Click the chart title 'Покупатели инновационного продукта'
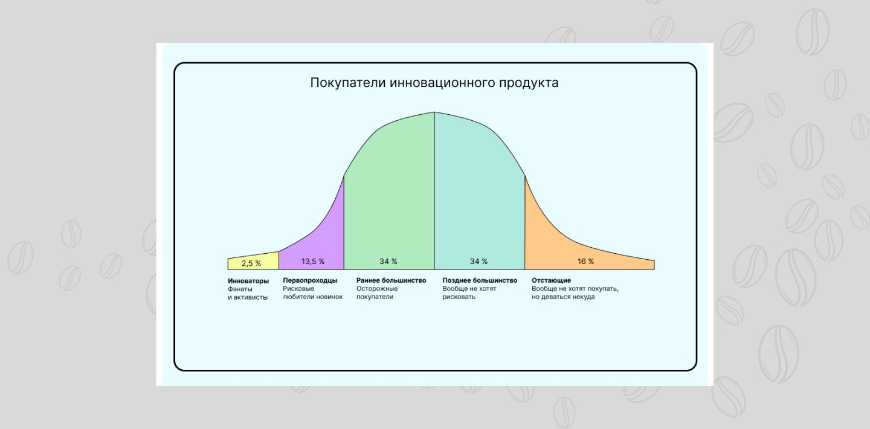pos(434,83)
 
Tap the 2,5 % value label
pos(251,263)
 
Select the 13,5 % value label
pos(313,262)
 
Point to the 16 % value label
pos(585,262)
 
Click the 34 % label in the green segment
pos(388,262)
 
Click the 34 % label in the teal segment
pos(478,262)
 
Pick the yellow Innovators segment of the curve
pos(253,261)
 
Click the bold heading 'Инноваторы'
pos(248,281)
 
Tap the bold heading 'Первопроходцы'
pos(310,280)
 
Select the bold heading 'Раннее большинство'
pos(391,280)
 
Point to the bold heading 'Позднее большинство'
pos(480,280)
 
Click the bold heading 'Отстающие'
pos(551,280)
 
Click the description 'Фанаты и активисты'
pos(248,294)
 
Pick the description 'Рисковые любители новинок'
pos(313,292)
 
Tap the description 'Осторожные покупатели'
pos(377,292)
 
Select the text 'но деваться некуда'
pos(563,297)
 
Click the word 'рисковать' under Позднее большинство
pos(459,297)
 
